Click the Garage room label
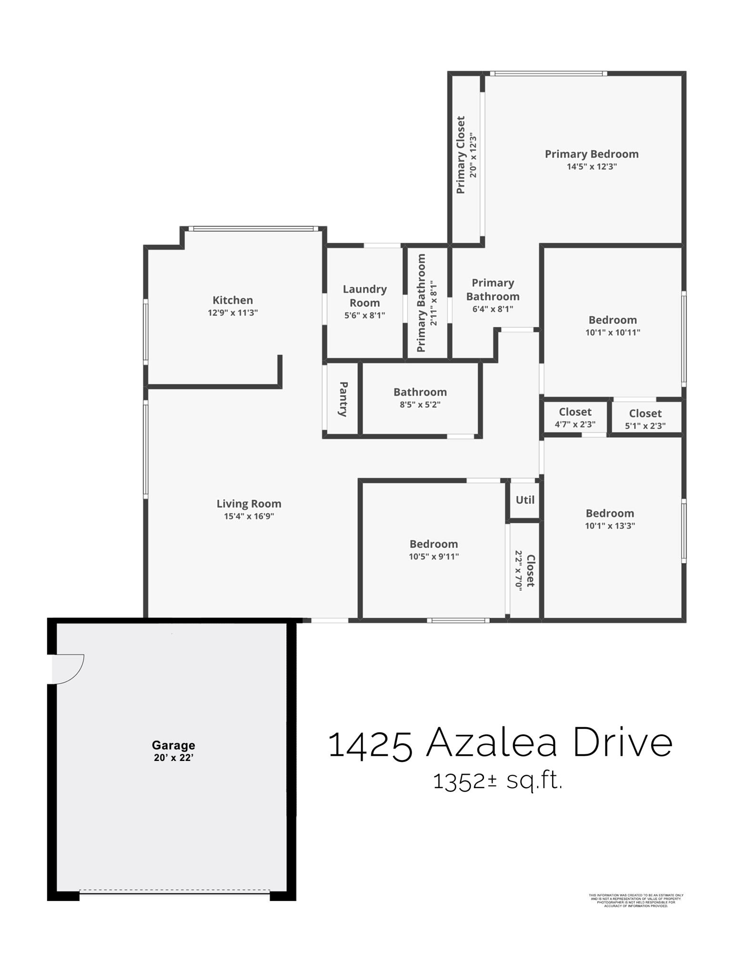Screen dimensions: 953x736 pos(173,745)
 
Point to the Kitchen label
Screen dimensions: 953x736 pos(232,300)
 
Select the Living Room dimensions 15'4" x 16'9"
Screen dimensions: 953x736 pos(249,516)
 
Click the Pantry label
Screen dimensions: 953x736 pos(343,399)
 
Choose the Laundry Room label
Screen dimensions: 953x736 pos(365,296)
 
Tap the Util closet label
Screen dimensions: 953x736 pos(525,500)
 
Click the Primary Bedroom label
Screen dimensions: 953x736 pos(592,154)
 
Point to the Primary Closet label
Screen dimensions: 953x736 pos(461,155)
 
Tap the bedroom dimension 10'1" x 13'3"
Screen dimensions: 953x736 pos(610,526)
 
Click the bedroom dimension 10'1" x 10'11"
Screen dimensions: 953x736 pos(613,333)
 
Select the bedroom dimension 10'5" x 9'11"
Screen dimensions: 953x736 pos(434,557)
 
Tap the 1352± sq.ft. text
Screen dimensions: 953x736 pos(498,782)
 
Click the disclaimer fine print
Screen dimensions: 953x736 pos(636,900)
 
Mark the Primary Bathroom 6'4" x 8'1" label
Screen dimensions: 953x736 pos(493,296)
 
